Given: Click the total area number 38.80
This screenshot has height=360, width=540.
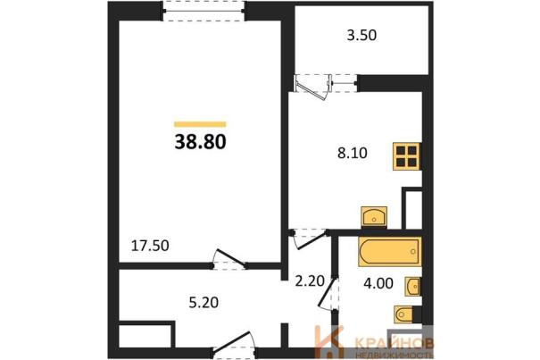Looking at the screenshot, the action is point(200,141).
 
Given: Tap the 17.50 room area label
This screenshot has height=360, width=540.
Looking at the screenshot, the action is point(150,246).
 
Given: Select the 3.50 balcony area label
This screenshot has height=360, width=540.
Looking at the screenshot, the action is point(361,35).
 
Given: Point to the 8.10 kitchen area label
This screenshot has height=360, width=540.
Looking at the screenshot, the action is point(353,153).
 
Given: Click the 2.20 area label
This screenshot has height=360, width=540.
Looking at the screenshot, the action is point(310,281).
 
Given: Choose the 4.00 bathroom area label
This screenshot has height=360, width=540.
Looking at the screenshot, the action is point(378,283).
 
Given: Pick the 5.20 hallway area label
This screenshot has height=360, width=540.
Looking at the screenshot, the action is point(204,303).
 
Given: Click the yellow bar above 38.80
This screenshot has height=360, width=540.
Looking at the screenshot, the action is point(200,124).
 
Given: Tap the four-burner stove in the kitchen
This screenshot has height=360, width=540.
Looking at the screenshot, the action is point(407,156).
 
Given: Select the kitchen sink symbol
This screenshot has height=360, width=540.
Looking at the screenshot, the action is point(374,216).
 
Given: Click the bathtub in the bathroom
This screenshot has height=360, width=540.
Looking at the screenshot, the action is point(390,251).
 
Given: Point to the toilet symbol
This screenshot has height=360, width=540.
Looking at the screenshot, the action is point(403,314).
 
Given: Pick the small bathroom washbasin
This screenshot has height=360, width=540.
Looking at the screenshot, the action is point(412,286).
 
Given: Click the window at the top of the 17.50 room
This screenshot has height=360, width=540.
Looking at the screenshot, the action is point(204,11).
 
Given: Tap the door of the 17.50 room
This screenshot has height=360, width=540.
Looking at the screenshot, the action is point(228,259).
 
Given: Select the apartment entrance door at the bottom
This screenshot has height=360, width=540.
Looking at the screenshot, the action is point(233,343).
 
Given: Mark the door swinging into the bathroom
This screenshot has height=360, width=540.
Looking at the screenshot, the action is point(328,293).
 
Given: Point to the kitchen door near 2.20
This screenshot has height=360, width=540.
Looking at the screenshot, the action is point(309,239).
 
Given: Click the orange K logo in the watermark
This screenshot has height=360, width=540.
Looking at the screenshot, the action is point(328,342).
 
